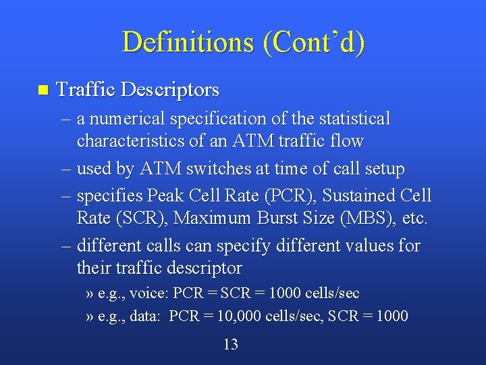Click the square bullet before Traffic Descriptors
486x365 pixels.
[43, 90]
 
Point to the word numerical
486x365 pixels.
[127, 119]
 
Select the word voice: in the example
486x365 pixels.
[149, 294]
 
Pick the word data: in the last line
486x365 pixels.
[146, 316]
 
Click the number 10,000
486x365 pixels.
[244, 316]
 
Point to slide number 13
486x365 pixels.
[231, 345]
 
